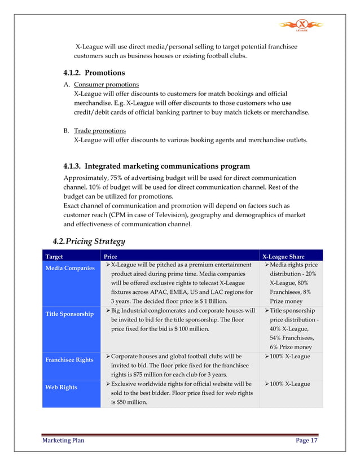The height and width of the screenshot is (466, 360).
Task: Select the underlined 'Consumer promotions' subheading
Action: tap(106, 84)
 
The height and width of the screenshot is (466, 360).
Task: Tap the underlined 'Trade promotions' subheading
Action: tap(100, 130)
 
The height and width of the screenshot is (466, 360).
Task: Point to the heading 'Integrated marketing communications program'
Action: tap(156, 166)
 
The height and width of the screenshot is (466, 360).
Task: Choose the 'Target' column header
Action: tap(55, 256)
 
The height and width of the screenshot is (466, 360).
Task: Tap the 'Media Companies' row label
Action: tap(70, 267)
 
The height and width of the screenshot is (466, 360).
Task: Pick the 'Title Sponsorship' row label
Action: tap(69, 314)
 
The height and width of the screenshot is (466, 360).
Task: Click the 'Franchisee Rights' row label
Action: tap(70, 359)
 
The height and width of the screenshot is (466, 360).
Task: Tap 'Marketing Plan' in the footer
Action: tap(63, 441)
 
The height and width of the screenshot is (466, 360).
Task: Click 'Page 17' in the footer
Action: tap(306, 441)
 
